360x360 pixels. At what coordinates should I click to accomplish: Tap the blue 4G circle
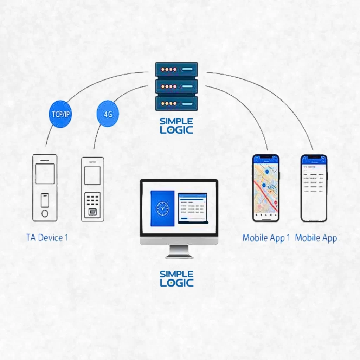tap(108, 114)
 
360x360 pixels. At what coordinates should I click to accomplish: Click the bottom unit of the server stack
tap(176, 103)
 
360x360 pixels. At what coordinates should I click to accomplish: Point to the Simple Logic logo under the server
tap(176, 126)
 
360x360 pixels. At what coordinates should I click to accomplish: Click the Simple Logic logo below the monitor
tap(176, 278)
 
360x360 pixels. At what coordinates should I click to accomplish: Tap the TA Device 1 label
tap(47, 237)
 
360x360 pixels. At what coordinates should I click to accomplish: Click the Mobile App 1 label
tap(266, 238)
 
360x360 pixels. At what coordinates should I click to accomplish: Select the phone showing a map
tap(266, 188)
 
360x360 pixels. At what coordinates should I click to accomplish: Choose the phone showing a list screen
tap(314, 188)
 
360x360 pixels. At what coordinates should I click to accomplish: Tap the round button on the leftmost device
tap(45, 213)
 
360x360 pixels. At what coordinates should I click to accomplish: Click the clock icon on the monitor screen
tap(162, 208)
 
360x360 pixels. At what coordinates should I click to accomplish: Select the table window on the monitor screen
tap(192, 208)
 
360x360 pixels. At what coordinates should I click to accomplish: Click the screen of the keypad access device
tap(92, 176)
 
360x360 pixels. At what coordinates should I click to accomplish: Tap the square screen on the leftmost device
tap(45, 174)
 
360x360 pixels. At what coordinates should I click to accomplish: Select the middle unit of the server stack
tap(176, 86)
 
